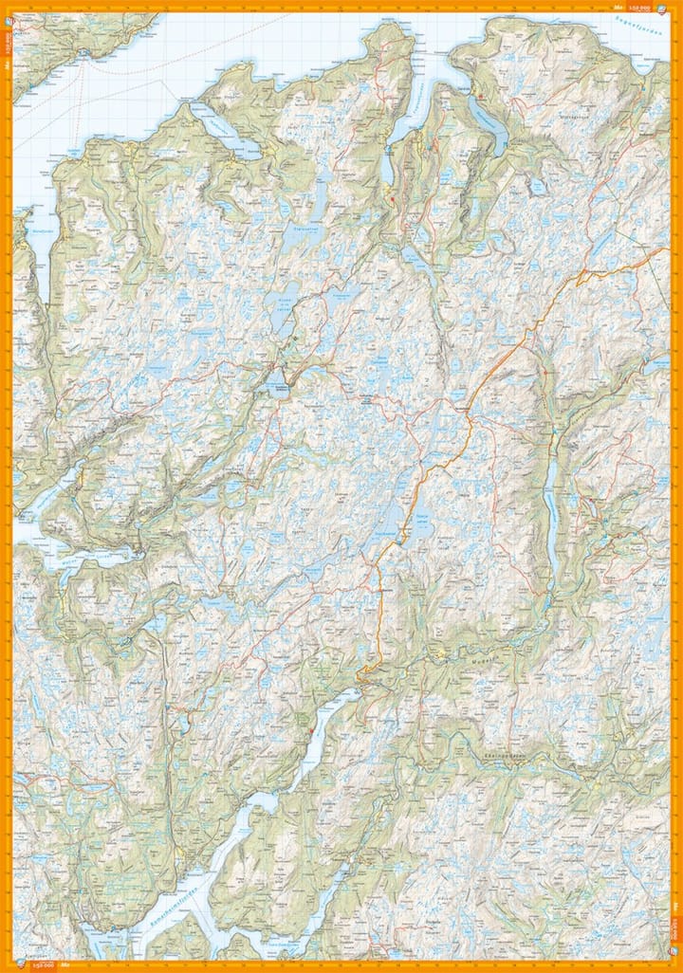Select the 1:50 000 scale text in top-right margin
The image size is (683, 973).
[x=650, y=7]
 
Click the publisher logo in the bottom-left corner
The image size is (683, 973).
[x=67, y=965]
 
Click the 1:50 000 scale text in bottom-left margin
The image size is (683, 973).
[x=42, y=965]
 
